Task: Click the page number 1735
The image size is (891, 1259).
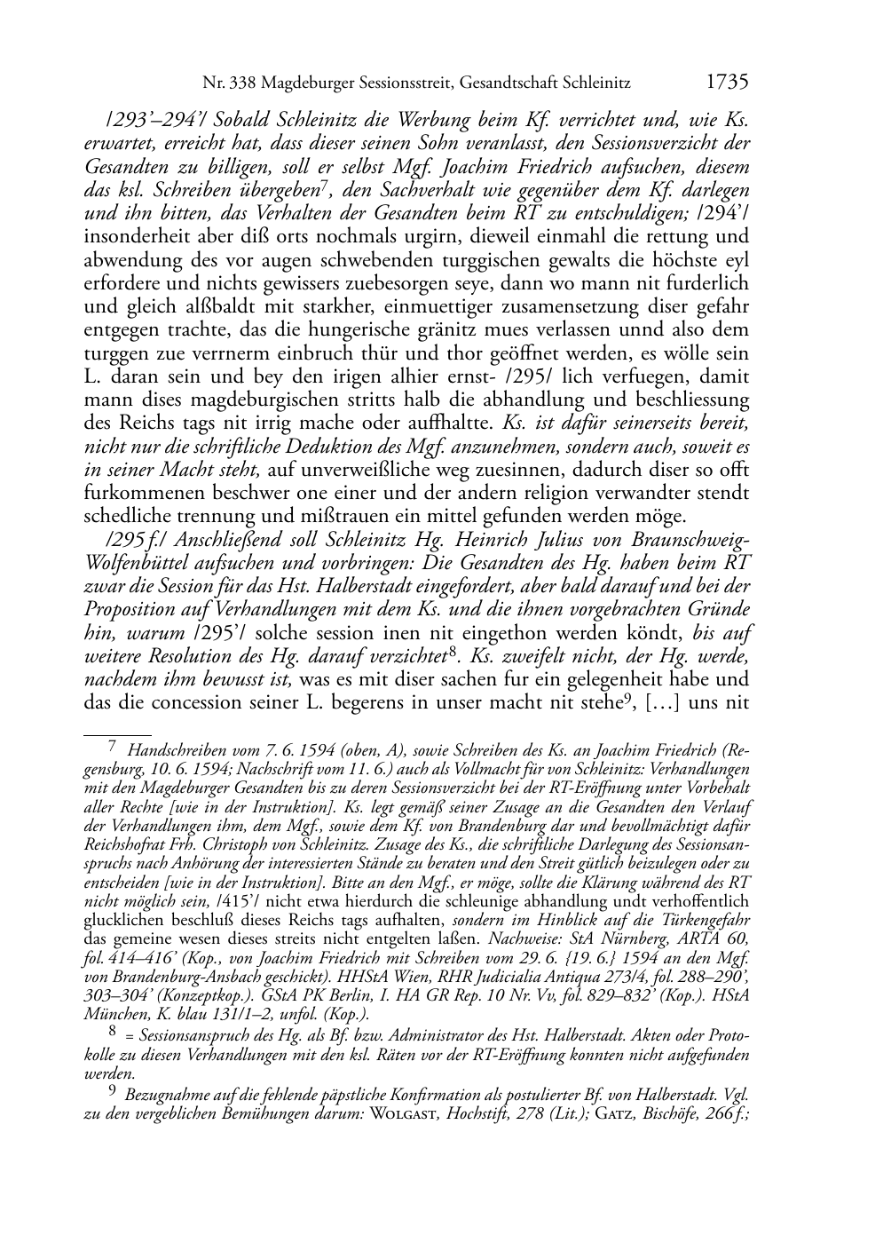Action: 728,83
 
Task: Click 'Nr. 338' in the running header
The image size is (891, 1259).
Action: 225,84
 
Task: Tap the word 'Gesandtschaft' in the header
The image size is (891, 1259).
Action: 514,84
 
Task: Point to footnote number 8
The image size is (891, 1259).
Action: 113,1031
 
